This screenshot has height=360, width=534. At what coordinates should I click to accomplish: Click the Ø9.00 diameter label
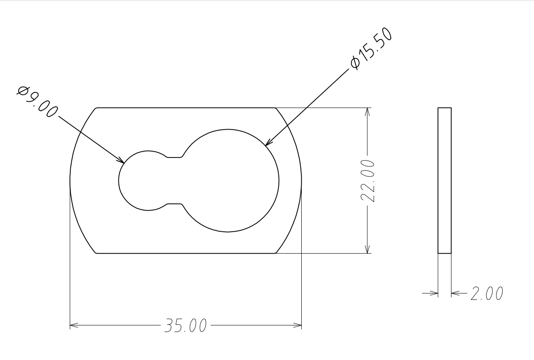click(x=37, y=102)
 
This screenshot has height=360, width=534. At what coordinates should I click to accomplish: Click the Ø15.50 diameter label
click(x=372, y=48)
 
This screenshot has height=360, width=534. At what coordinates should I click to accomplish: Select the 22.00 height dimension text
click(x=367, y=181)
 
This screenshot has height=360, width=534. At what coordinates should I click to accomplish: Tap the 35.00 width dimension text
click(x=185, y=325)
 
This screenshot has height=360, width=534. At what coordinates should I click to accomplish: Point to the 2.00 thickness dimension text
click(x=487, y=293)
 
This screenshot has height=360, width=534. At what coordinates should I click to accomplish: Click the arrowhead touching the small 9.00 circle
click(x=121, y=161)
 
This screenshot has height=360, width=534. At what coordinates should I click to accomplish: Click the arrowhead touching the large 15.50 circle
click(x=268, y=143)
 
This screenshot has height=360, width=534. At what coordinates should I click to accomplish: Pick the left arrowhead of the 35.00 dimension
click(x=74, y=325)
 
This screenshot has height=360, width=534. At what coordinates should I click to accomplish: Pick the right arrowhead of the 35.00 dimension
click(x=297, y=325)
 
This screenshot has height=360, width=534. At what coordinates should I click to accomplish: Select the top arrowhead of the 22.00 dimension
click(x=367, y=112)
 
